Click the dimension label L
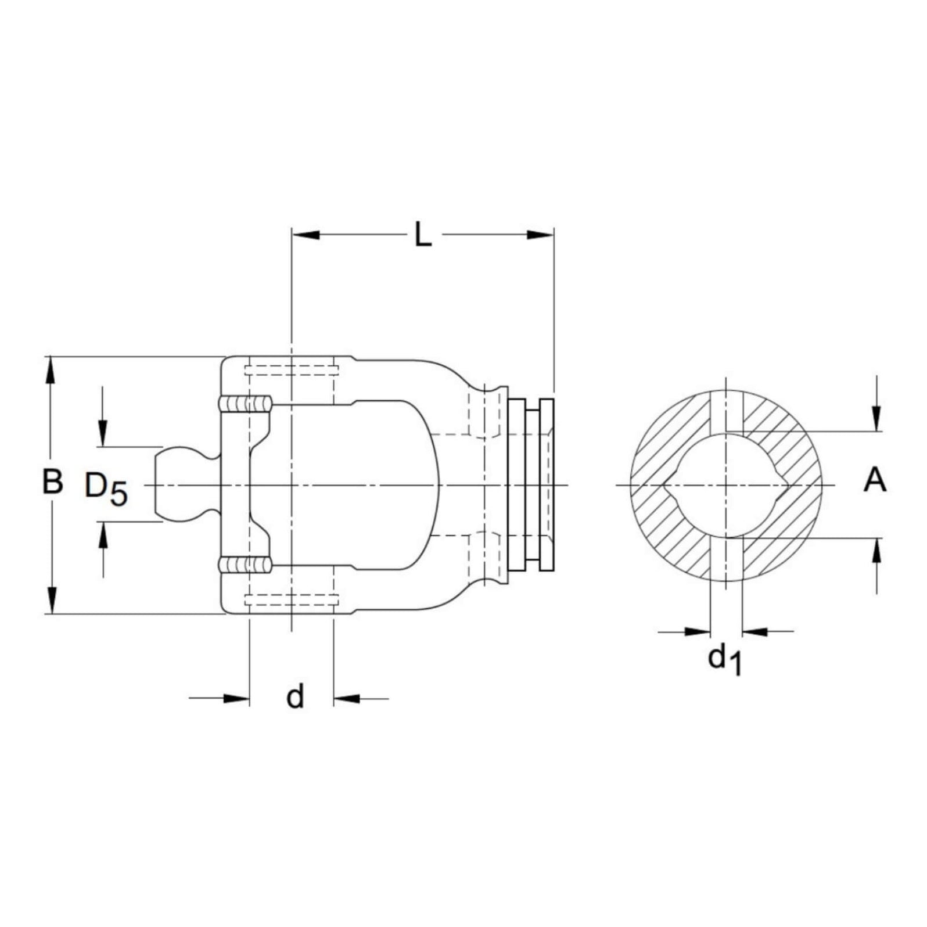click(423, 235)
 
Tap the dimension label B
click(53, 482)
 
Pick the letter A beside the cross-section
click(875, 482)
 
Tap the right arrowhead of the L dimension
click(540, 234)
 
